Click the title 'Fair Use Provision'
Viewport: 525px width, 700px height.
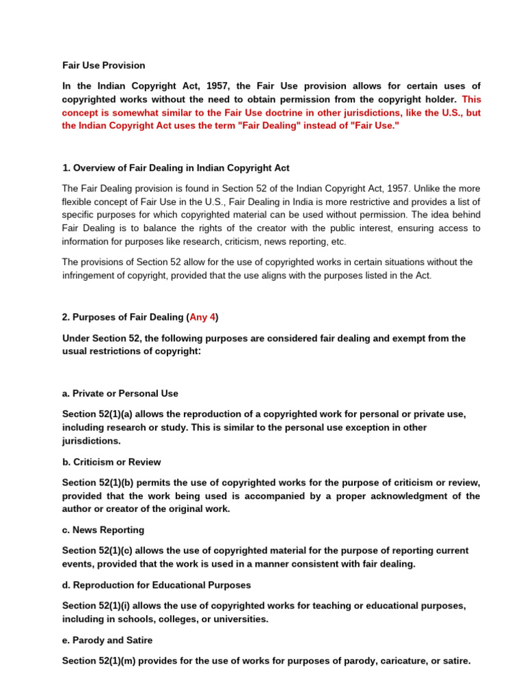point(103,66)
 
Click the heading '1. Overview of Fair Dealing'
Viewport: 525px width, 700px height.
point(176,168)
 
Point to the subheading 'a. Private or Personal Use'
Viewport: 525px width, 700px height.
point(120,394)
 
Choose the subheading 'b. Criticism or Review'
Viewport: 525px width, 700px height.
point(111,462)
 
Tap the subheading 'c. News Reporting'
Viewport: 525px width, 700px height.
point(103,530)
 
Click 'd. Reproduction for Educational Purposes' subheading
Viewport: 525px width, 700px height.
point(157,585)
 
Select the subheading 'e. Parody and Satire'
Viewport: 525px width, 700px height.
point(107,641)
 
